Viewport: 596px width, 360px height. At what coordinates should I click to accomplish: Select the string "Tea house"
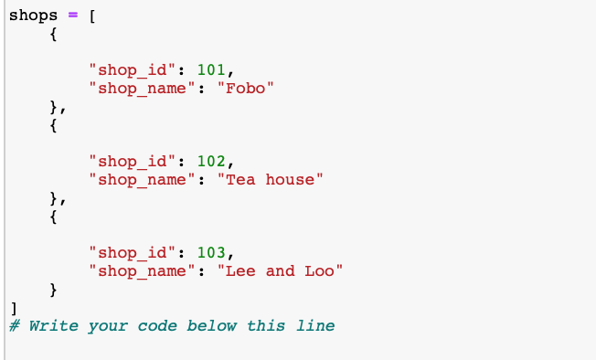[271, 179]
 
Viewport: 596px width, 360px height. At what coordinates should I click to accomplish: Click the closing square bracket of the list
[12, 308]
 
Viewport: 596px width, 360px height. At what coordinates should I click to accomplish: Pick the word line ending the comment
[315, 326]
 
